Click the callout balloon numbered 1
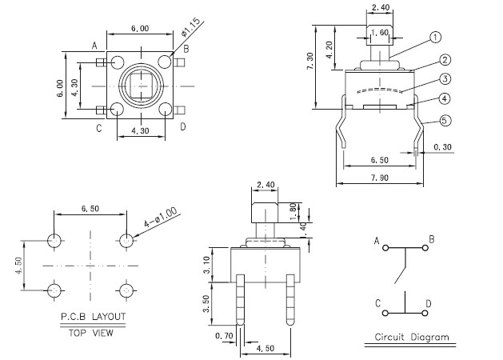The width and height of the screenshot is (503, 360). (436, 37)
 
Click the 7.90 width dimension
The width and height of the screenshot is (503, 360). (381, 177)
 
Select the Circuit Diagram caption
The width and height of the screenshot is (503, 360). (411, 337)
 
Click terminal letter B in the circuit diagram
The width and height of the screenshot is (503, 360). (431, 239)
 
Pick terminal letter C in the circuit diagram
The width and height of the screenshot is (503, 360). (376, 303)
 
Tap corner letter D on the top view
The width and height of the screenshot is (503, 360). (183, 126)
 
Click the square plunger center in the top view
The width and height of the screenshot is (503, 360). (140, 84)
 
